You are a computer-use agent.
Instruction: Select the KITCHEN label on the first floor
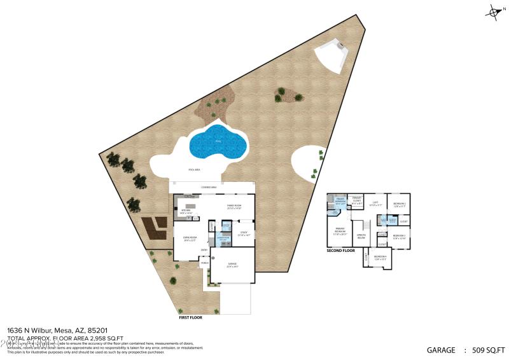coord(186,211)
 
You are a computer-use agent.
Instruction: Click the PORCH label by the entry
coord(204,263)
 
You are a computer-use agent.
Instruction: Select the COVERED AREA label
coord(209,188)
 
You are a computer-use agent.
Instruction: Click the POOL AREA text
coord(196,170)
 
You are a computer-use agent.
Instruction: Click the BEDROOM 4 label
coord(380,258)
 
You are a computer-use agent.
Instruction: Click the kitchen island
coord(191,205)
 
